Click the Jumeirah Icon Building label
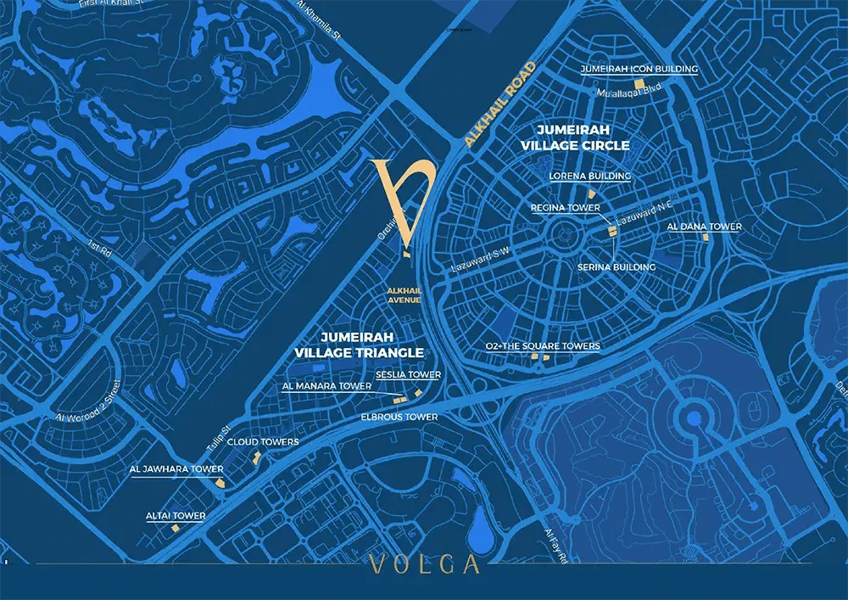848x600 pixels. (x=639, y=69)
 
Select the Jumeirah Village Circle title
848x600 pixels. (x=583, y=137)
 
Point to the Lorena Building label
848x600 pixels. (x=590, y=177)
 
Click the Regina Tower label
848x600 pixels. (x=565, y=208)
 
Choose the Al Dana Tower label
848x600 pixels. (x=704, y=227)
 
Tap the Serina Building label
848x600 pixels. (x=616, y=267)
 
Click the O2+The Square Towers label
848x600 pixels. (x=543, y=346)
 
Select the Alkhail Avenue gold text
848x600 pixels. (x=404, y=294)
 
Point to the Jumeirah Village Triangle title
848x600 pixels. (x=359, y=344)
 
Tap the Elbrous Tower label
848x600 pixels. (x=399, y=418)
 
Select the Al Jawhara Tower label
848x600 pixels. (x=176, y=469)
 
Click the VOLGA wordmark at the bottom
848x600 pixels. (x=424, y=565)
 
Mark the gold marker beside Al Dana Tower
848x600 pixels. (x=705, y=238)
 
